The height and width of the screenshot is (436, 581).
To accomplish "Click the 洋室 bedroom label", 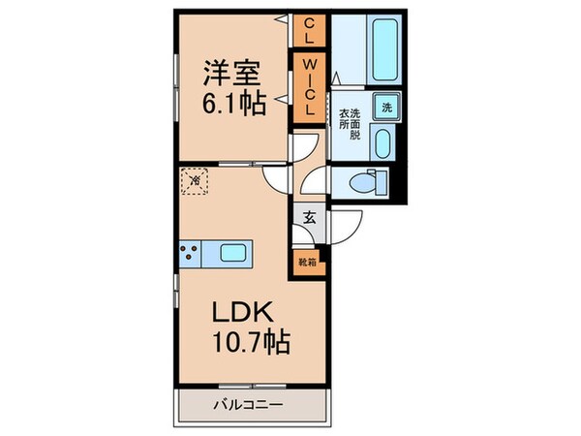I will click(x=233, y=72).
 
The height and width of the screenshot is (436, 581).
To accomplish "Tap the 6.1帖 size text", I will click(x=233, y=104).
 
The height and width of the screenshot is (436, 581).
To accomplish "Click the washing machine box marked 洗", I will click(x=385, y=108).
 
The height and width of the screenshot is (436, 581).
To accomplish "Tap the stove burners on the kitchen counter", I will click(x=189, y=254).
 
